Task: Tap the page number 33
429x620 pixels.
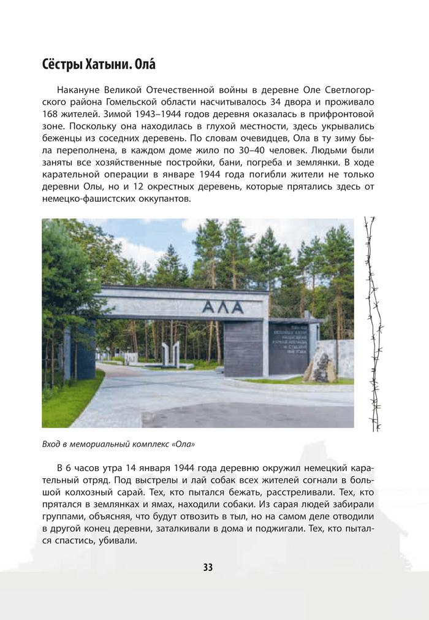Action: click(x=208, y=567)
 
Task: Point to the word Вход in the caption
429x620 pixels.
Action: click(x=50, y=443)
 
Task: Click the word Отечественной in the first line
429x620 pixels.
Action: click(x=178, y=89)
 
